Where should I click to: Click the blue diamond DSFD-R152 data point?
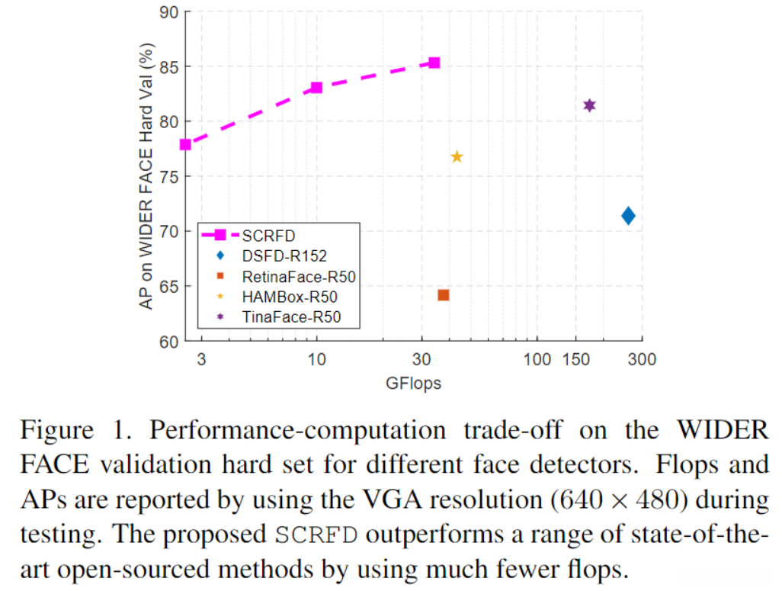pos(628,216)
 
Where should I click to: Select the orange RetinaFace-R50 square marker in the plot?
pos(444,295)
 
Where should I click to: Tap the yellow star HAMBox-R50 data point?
pos(457,157)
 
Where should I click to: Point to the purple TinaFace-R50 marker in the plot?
pos(589,105)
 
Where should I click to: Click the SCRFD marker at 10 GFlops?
pos(316,88)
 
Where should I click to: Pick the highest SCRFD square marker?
pos(434,63)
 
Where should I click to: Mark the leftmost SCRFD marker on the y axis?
pos(185,144)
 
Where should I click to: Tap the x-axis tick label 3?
pos(201,359)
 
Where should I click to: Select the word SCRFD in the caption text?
pos(316,533)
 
